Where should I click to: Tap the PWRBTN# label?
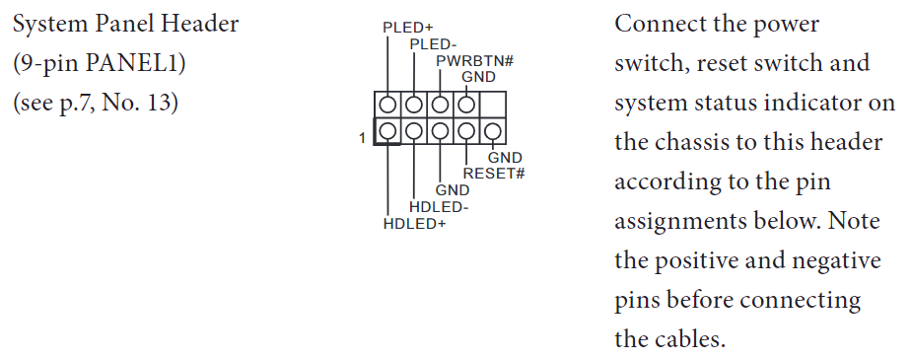click(x=476, y=61)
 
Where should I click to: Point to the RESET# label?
click(x=494, y=174)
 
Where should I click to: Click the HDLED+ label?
click(x=415, y=224)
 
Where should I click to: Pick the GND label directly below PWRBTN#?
click(x=478, y=76)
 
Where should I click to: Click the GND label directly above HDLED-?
click(x=453, y=190)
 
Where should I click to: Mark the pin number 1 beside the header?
click(x=363, y=138)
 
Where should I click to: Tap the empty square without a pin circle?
click(x=493, y=104)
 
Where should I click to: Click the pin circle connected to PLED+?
click(x=387, y=104)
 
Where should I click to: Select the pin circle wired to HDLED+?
click(x=387, y=130)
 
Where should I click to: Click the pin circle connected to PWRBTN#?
click(x=440, y=104)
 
